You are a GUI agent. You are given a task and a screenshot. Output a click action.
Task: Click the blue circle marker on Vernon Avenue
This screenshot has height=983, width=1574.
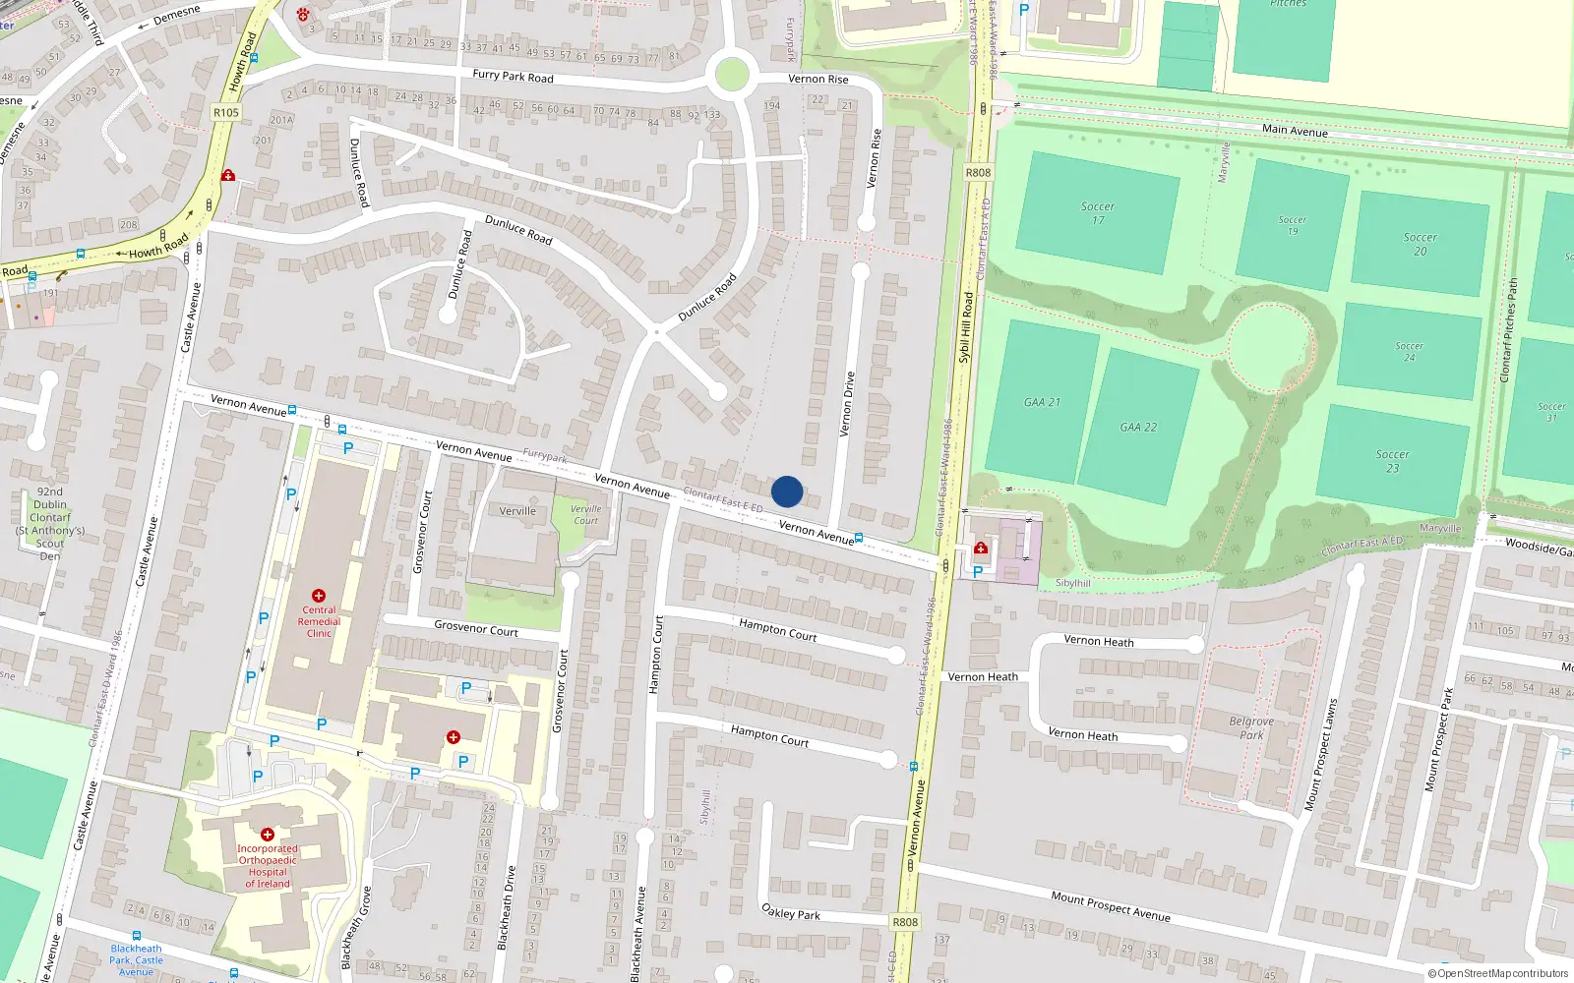click(787, 491)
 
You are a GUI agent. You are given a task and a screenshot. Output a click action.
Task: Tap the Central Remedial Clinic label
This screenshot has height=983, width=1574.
click(319, 621)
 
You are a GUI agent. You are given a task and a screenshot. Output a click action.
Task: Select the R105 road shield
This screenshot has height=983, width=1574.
click(226, 112)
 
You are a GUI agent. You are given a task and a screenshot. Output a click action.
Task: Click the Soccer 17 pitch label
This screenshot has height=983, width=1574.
click(1098, 213)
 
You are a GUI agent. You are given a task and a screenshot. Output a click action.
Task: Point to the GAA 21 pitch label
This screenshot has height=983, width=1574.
click(1042, 402)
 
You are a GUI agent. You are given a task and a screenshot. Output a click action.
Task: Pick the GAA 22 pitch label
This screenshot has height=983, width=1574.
click(1138, 428)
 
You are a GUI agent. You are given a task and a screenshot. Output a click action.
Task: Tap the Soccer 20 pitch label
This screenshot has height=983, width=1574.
click(1420, 244)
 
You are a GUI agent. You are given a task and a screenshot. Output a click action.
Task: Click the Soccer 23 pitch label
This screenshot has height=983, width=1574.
click(1392, 461)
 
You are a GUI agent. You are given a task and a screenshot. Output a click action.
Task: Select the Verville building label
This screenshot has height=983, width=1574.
click(517, 511)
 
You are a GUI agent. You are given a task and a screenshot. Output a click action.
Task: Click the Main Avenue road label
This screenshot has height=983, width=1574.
click(1295, 131)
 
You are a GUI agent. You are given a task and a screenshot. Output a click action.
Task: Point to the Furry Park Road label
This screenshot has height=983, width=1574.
click(513, 76)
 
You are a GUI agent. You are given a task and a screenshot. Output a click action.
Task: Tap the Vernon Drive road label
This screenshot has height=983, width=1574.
click(847, 404)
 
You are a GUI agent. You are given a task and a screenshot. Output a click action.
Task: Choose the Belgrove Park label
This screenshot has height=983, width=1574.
click(1251, 727)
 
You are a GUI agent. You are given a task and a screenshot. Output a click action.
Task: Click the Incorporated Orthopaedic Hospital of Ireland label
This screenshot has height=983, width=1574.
click(268, 866)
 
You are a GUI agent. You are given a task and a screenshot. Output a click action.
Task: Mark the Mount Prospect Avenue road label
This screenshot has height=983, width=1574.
click(1110, 906)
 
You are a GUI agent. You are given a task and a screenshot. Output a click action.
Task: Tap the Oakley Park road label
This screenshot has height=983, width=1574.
click(791, 912)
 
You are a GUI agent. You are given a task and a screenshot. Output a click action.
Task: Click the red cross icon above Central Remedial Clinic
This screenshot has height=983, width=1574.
click(318, 596)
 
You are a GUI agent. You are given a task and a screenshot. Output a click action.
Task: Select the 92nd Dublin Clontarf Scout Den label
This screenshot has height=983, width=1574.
click(50, 523)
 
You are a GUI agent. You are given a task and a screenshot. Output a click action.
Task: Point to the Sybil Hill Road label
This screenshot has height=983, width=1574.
click(966, 327)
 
